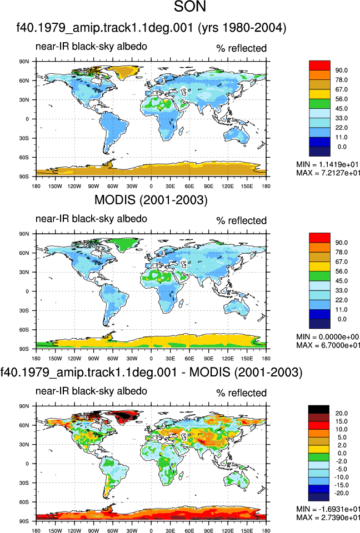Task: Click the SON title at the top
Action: pos(190,7)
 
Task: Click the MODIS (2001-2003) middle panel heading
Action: pos(151,200)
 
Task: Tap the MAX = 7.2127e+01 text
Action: pos(328,173)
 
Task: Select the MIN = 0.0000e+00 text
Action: pos(328,337)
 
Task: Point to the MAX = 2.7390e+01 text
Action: pos(328,517)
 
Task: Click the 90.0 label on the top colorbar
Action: pos(341,71)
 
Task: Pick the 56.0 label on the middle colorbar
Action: pos(341,271)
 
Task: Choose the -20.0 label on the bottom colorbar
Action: pos(341,493)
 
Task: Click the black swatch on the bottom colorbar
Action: pos(318,409)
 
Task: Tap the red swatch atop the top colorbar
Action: pos(319,66)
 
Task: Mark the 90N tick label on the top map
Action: pos(24,62)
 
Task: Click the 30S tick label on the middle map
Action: pos(24,311)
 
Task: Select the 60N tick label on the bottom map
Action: pos(24,425)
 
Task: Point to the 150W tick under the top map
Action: pos(55,187)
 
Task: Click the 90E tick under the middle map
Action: pos(208,359)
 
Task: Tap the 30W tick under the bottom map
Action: pos(132,531)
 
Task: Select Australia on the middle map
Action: pos(237,308)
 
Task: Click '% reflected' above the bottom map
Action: pos(241,393)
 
